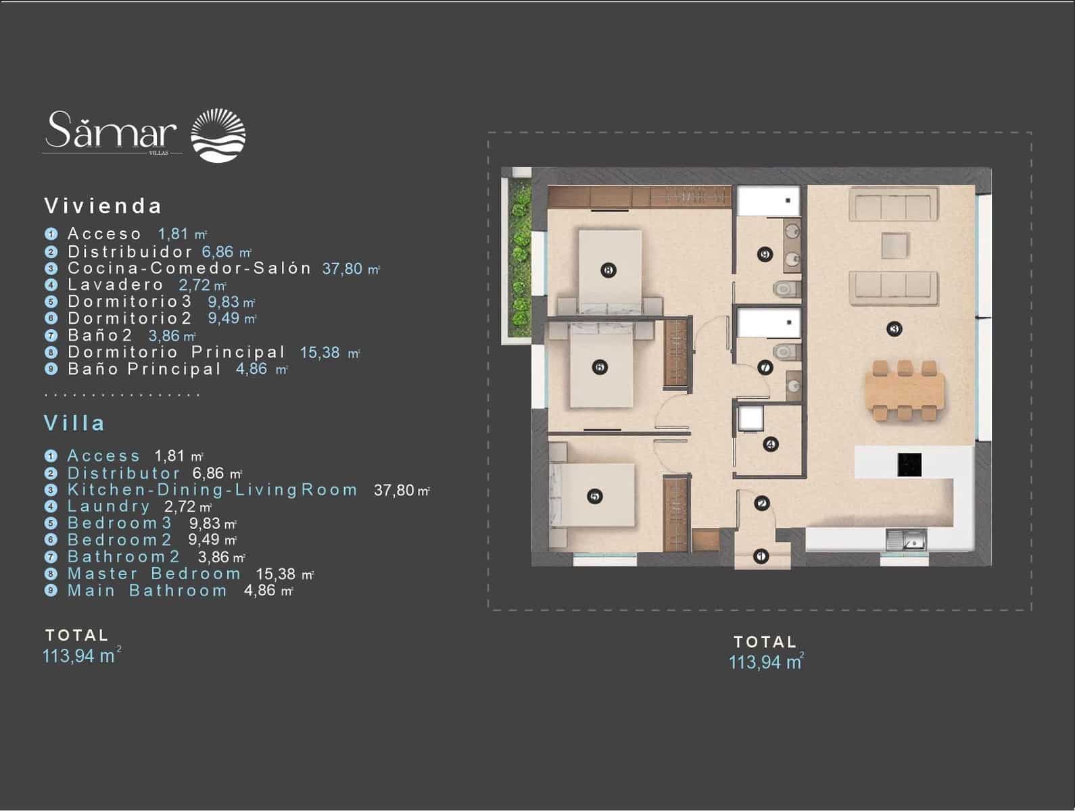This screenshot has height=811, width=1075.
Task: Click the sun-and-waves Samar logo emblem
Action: coord(218,135)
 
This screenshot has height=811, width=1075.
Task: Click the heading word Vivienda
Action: coord(103,205)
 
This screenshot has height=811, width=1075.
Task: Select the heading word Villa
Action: coord(75,423)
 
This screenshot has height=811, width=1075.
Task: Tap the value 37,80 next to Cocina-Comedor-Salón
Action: coord(343,268)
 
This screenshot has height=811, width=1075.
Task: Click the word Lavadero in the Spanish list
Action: coord(116,285)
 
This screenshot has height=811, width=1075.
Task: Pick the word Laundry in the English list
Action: coord(109,506)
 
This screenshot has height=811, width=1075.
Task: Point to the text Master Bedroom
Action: coord(154,574)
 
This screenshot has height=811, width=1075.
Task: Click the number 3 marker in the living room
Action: coord(894,329)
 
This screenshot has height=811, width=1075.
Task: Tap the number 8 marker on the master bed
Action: coord(608,270)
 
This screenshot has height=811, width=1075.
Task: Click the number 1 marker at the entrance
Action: coord(761,556)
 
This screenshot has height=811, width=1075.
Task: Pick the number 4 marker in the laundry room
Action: coord(769,444)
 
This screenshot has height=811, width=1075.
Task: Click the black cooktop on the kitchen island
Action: coord(909,464)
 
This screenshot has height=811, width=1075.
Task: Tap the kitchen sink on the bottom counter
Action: coord(906,540)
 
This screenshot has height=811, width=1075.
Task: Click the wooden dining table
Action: coord(905,391)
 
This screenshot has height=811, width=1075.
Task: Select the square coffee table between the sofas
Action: coord(894,244)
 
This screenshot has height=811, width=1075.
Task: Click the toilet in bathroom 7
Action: coord(784,351)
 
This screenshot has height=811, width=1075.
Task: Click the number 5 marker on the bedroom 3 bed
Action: coord(594,496)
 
